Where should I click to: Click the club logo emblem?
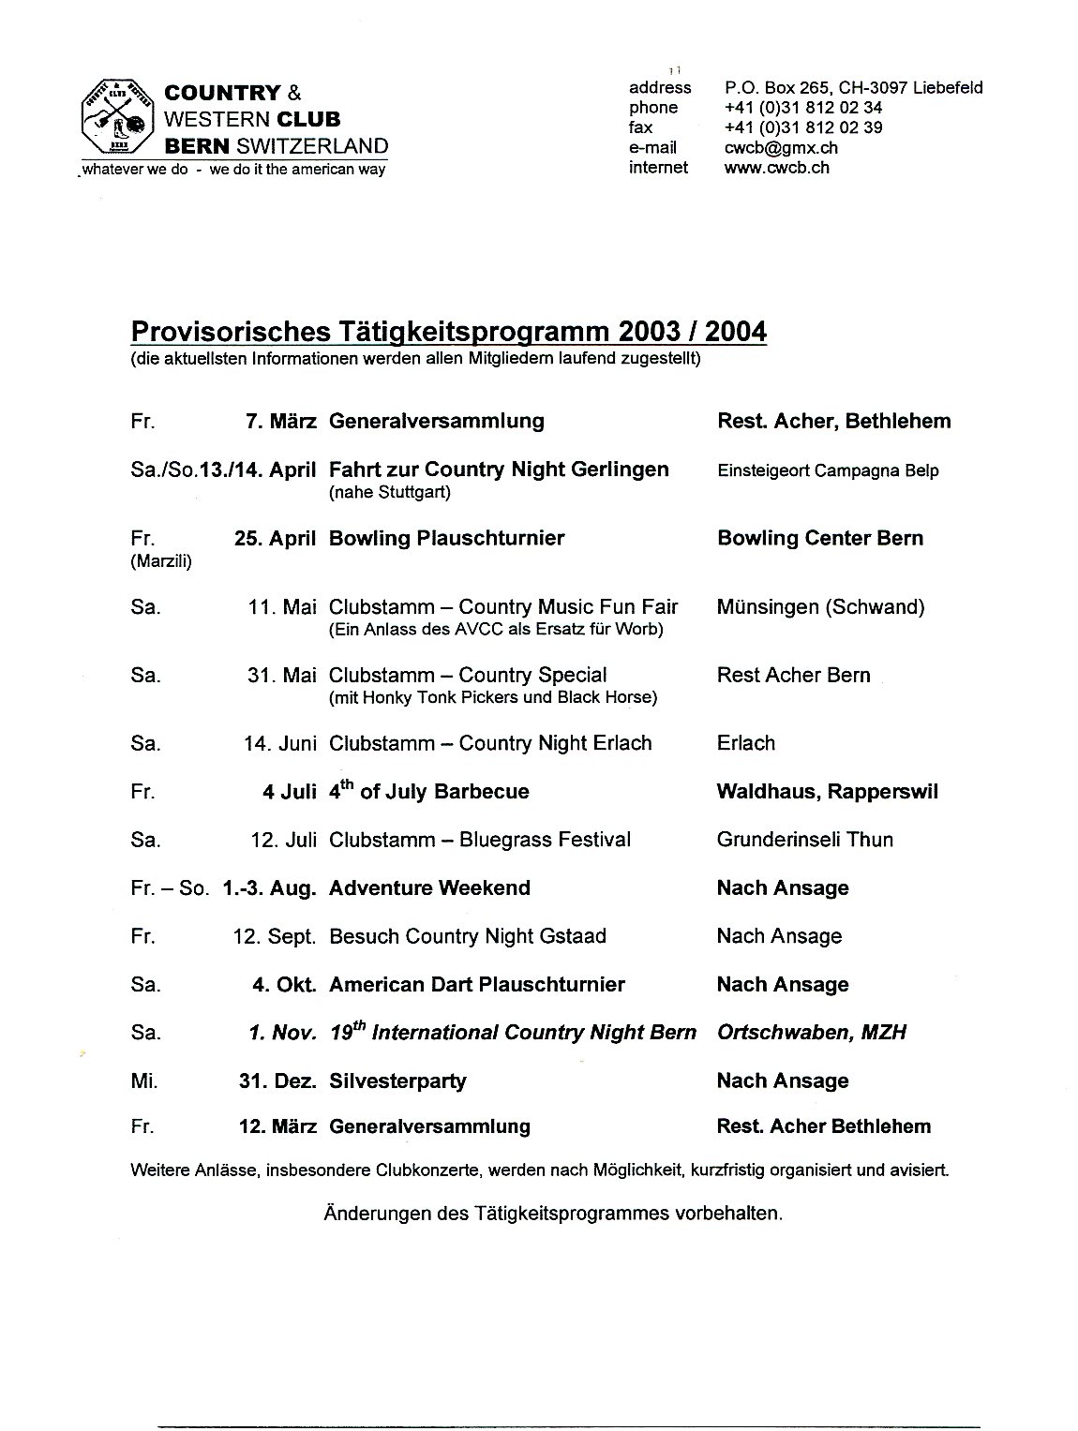pos(116,119)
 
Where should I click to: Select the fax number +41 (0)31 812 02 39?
pos(802,127)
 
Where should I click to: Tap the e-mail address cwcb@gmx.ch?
pos(781,147)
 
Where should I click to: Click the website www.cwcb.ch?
pos(776,168)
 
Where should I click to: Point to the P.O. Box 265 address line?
pos(853,87)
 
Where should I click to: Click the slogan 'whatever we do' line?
pos(232,170)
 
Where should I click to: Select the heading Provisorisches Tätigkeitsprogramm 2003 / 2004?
pos(448,332)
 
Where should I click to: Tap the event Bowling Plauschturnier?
pos(446,538)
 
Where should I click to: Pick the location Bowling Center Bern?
pos(820,538)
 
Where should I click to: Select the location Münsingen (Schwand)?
pos(820,606)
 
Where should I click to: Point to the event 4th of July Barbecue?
pos(428,791)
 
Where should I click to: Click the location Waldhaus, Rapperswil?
pos(827,791)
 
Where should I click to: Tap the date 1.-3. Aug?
pos(269,887)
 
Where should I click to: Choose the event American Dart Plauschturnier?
pos(476,984)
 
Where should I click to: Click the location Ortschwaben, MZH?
pos(811,1032)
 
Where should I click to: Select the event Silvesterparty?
pos(397,1081)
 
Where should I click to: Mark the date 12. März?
pos(277,1126)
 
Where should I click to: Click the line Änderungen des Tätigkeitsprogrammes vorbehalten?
pos(552,1213)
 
